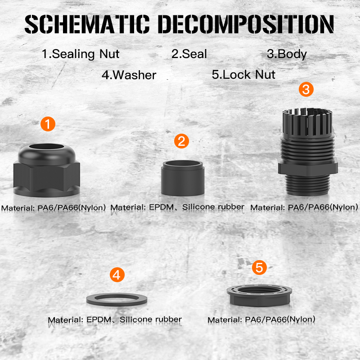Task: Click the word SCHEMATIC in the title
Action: coord(87,24)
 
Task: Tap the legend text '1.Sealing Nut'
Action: coord(81,54)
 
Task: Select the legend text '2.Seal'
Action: coord(189,54)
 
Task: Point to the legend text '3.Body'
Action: coord(287,54)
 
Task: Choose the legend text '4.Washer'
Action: coord(129,75)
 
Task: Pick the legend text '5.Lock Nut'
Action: coord(243,74)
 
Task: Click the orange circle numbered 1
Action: coord(48,124)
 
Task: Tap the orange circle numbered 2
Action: coord(181,141)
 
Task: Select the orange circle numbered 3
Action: coord(306,89)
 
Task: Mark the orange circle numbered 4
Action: coord(117,275)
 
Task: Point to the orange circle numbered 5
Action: coord(259,267)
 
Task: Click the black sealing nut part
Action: coord(47,175)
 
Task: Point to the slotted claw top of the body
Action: coord(308,121)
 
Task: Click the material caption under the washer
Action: coord(115,319)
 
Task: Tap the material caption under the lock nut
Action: coord(261,319)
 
